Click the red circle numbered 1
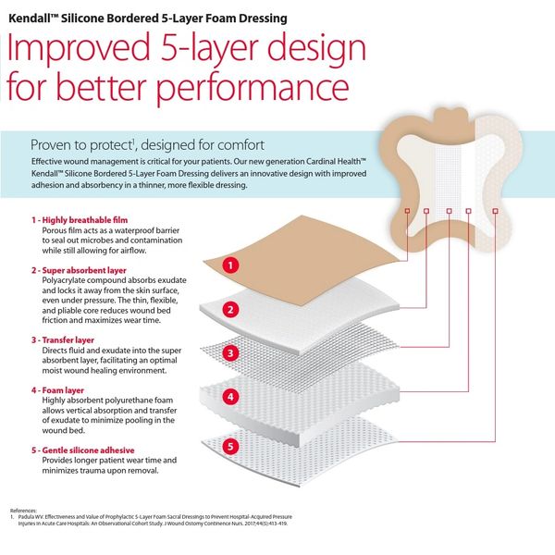click(x=230, y=265)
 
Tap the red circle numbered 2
click(x=230, y=310)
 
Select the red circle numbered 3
click(x=230, y=353)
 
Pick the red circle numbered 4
click(x=230, y=397)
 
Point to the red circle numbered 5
click(x=230, y=446)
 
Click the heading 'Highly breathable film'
click(x=85, y=220)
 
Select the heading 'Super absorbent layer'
click(x=84, y=270)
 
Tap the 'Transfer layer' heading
click(x=68, y=340)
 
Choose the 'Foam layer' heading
click(x=63, y=390)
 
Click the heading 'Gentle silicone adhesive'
click(x=89, y=450)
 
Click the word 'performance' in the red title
click(x=253, y=89)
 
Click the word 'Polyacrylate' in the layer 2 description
click(x=65, y=280)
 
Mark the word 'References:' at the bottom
click(x=23, y=511)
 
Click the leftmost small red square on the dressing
click(x=407, y=211)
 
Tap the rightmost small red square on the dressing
click(x=495, y=211)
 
